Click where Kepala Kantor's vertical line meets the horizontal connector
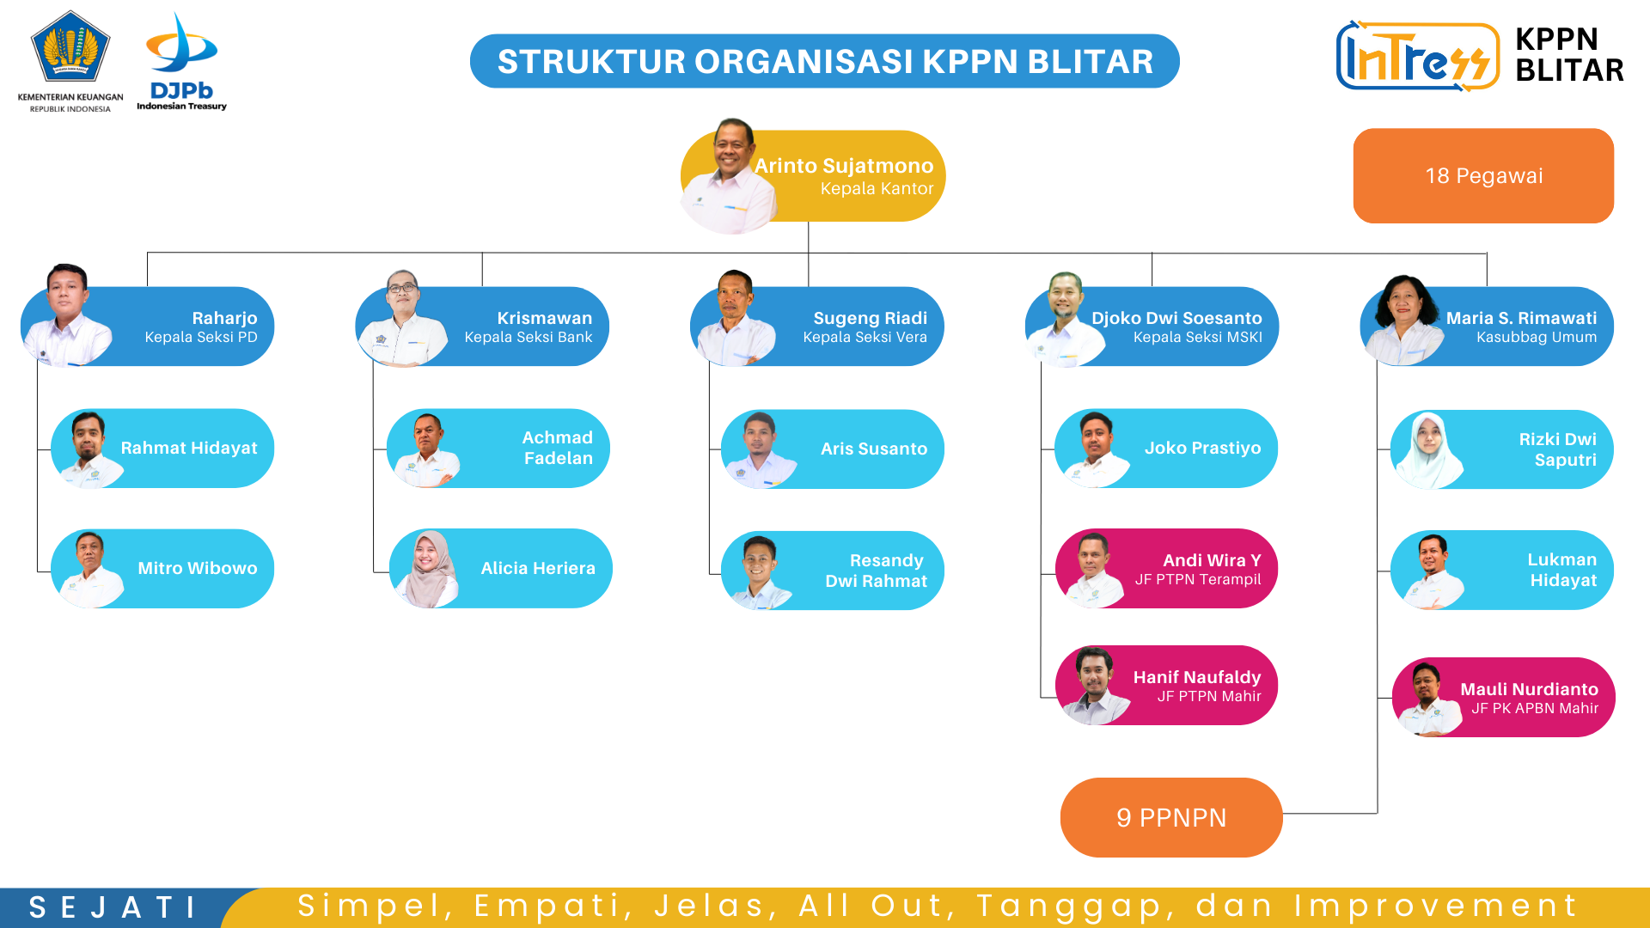coord(809,253)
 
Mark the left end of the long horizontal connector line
coord(148,253)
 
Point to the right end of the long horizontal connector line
coord(1487,253)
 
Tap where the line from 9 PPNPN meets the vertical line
coord(1378,813)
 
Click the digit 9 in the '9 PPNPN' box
coord(1124,818)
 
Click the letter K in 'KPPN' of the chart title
coord(934,62)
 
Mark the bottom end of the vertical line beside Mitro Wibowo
coord(38,571)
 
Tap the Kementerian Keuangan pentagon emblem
coord(70,46)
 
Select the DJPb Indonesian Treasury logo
coord(181,62)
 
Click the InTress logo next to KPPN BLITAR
coord(1417,56)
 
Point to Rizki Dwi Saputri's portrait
coord(1428,450)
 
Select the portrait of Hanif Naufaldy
coord(1094,686)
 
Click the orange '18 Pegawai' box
coord(1483,176)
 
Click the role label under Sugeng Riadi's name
coord(865,338)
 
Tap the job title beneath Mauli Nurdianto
coord(1535,709)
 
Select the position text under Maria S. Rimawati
coord(1537,338)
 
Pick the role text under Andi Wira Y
coord(1198,580)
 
